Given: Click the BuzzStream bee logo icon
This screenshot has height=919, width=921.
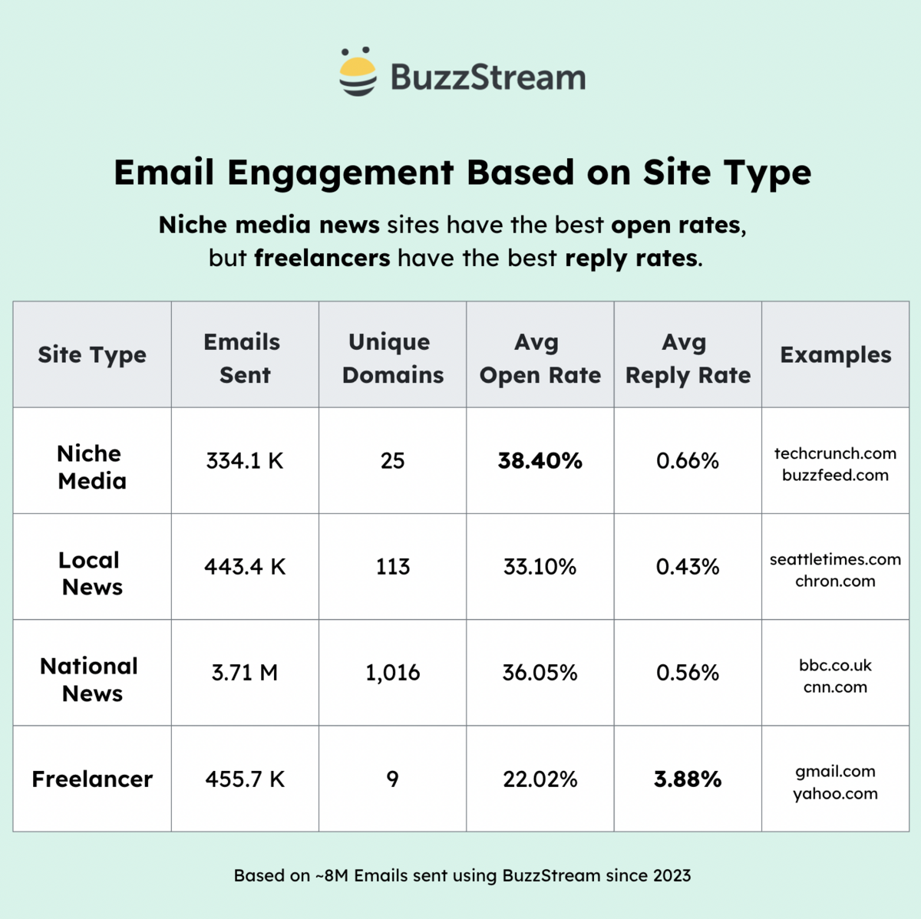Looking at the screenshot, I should (358, 72).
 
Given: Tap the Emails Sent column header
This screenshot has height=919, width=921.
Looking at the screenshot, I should (244, 357).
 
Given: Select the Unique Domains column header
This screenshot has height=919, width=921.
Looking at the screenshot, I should (392, 357).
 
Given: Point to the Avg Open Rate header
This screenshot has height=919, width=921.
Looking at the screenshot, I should (540, 357).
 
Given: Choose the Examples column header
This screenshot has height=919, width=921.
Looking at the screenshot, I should (835, 354).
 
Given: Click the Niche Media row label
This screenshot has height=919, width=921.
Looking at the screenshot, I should (91, 466).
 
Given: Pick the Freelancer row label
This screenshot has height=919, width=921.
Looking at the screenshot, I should (92, 779).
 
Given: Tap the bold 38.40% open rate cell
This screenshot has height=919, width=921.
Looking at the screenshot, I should (540, 460).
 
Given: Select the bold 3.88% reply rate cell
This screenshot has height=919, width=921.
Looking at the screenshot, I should (687, 779).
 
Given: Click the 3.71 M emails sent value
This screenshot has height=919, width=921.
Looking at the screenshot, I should (244, 673).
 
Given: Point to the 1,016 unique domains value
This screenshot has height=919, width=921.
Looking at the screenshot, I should (392, 673).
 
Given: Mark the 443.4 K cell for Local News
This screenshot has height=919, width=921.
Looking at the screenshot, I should (244, 566).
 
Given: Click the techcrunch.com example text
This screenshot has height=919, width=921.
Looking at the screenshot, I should (835, 453).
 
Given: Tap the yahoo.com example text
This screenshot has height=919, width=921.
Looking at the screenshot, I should (835, 793).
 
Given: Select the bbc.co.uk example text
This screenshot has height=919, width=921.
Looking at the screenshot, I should (835, 664).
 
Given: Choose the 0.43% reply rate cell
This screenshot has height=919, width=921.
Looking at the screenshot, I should (687, 566).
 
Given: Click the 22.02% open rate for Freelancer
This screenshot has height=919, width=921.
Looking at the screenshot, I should (540, 779).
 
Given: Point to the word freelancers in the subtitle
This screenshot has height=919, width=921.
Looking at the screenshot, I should (322, 258).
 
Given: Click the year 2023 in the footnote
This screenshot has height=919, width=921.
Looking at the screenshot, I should (672, 875).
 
